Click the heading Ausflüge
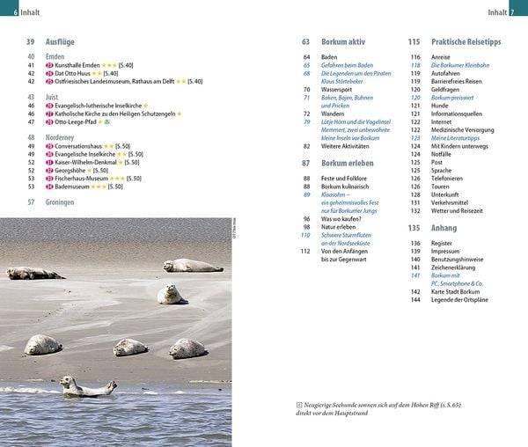[x=62, y=42]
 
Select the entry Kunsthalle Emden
[x=77, y=65]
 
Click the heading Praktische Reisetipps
[x=467, y=42]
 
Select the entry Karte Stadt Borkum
[x=461, y=291]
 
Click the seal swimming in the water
[x=87, y=385]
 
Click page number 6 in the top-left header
[x=5, y=11]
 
